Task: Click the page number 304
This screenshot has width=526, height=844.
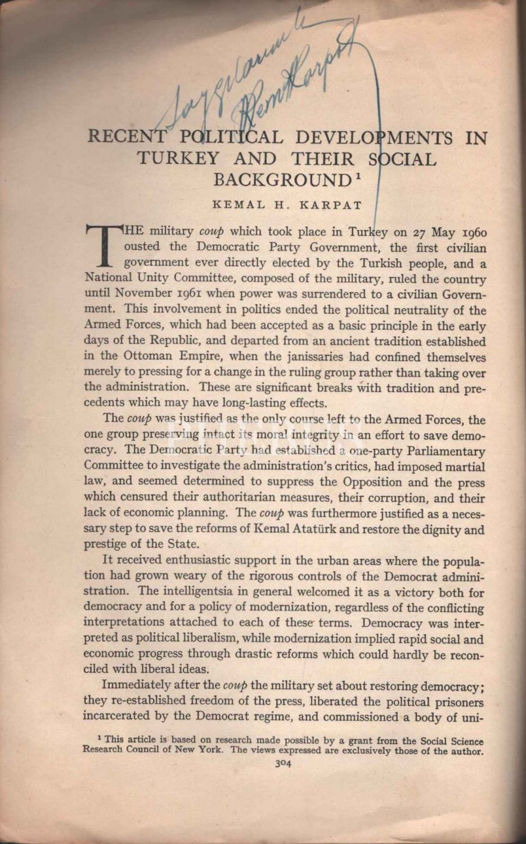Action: tap(282, 764)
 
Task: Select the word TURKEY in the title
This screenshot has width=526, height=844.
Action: tap(178, 159)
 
